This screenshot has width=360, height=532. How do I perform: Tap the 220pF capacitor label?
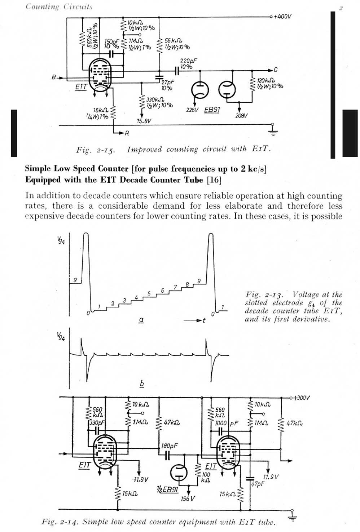pos(188,61)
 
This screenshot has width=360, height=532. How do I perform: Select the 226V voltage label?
pos(192,110)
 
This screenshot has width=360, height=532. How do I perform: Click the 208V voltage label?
pos(241,116)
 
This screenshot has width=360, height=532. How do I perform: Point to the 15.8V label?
pos(144,121)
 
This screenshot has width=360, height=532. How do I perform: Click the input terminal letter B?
pos(54,77)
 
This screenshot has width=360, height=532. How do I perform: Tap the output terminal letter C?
pos(276,70)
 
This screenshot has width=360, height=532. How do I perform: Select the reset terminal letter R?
pos(127,133)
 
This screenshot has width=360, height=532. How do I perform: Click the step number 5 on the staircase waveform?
pos(149,294)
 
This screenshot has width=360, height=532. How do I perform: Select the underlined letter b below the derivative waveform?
pos(142,384)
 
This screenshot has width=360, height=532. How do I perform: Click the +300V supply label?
pos(302,398)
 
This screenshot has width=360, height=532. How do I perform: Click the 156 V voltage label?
pos(188,498)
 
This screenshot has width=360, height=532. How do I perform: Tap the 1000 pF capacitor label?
pos(227,423)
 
